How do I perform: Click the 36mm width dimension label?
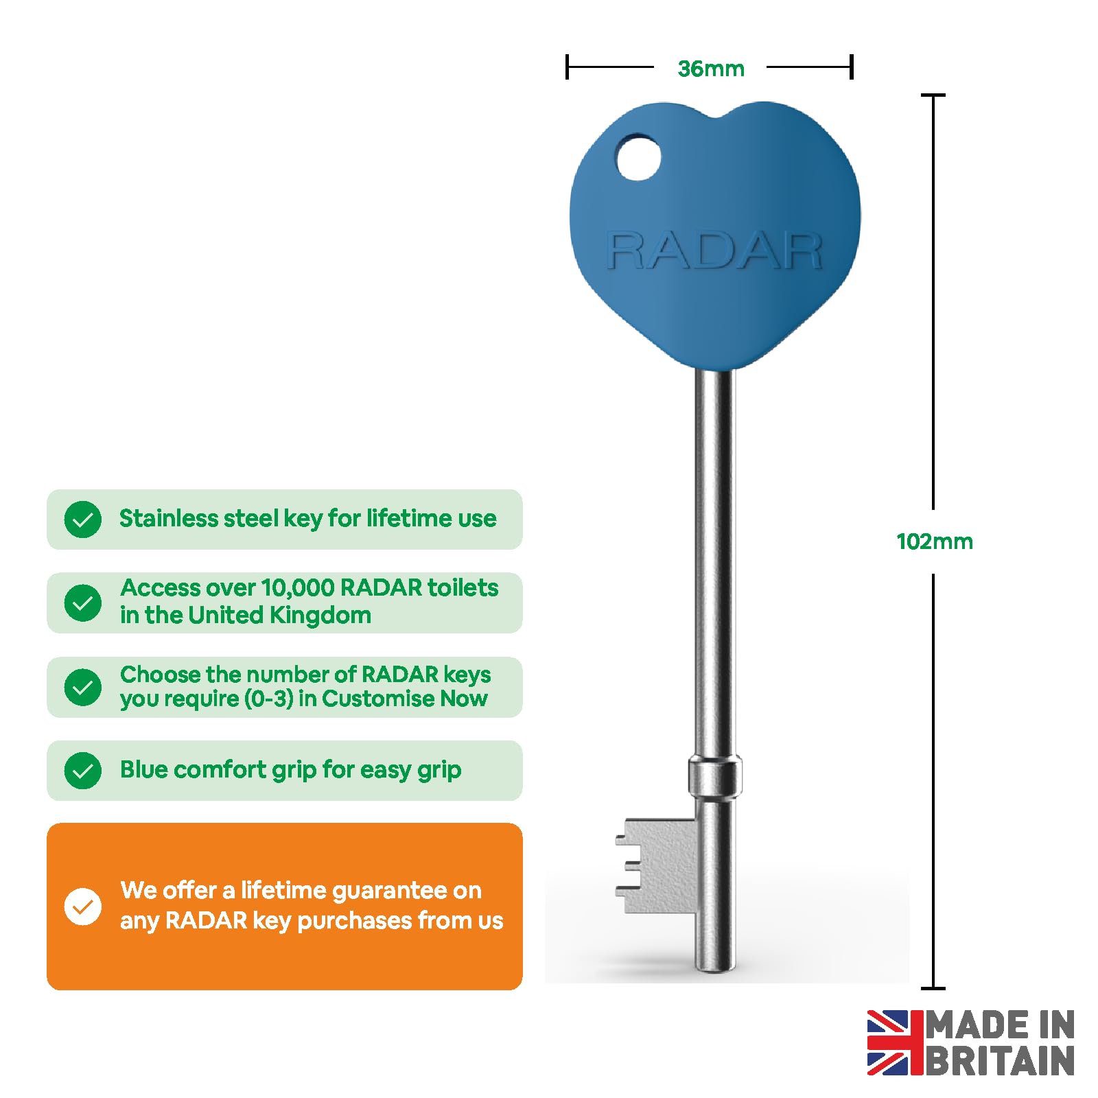710,69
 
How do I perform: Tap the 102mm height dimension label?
934,541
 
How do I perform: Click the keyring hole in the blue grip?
638,159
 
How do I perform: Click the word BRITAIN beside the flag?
1001,1061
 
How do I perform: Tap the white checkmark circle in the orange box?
83,907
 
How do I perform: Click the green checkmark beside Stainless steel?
83,519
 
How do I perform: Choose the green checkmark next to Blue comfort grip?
83,770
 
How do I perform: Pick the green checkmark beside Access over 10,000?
83,603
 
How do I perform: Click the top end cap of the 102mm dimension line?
933,95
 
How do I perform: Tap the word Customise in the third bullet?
378,699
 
